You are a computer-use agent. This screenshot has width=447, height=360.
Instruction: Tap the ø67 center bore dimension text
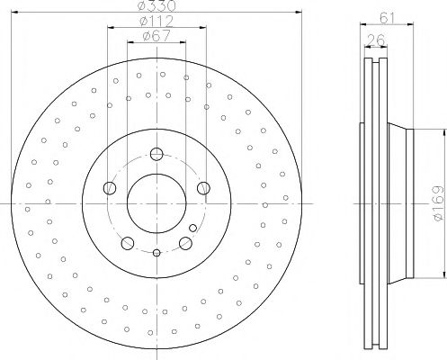pyautogui.click(x=156, y=38)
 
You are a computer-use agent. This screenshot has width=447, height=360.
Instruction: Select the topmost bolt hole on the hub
pyautogui.click(x=156, y=153)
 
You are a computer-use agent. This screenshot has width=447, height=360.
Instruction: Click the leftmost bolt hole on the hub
pyautogui.click(x=111, y=188)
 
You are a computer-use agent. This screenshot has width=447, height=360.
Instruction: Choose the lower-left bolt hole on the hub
pyautogui.click(x=128, y=241)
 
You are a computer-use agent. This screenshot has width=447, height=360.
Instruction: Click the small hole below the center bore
pyautogui.click(x=156, y=254)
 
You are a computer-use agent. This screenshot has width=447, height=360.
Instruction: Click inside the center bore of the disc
pyautogui.click(x=156, y=199)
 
